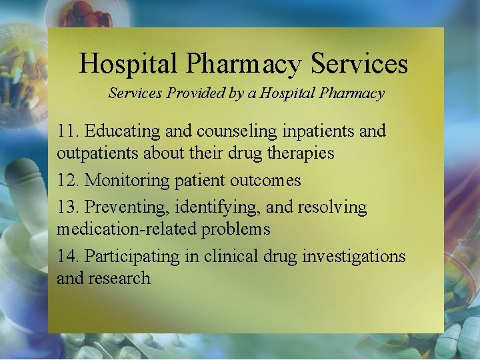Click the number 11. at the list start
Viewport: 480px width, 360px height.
click(69, 131)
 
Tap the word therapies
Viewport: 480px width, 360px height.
click(299, 153)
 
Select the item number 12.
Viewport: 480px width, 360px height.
click(69, 181)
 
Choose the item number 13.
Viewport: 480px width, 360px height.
click(69, 207)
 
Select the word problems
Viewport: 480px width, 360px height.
click(239, 229)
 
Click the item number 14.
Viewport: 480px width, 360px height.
click(69, 256)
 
